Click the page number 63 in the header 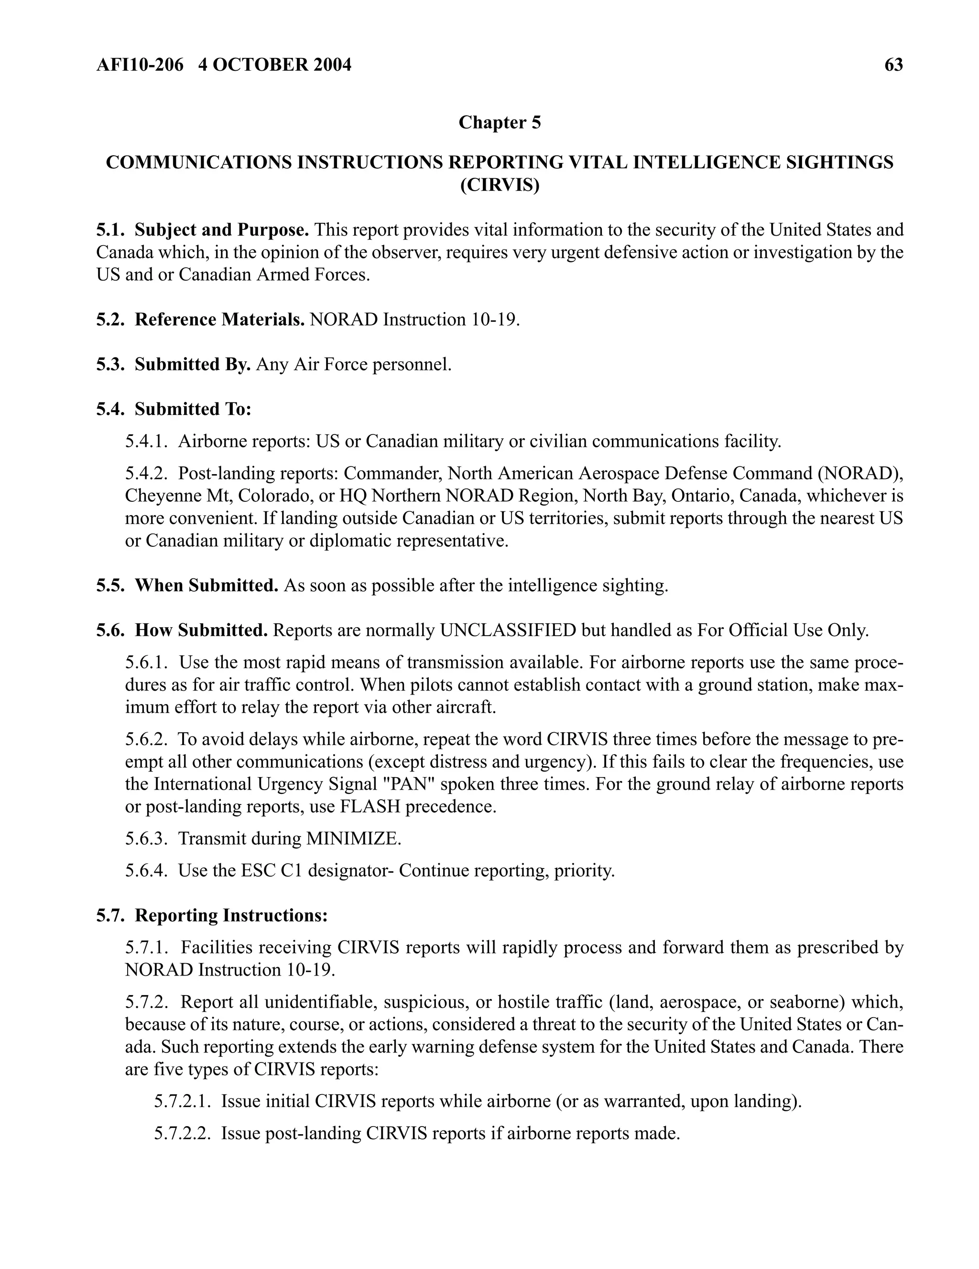pos(893,65)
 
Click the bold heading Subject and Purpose pos(221,230)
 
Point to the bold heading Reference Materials pos(219,320)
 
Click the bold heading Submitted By pos(192,364)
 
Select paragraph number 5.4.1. pos(146,442)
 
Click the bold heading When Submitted pos(206,585)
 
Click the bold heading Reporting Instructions pos(231,915)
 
